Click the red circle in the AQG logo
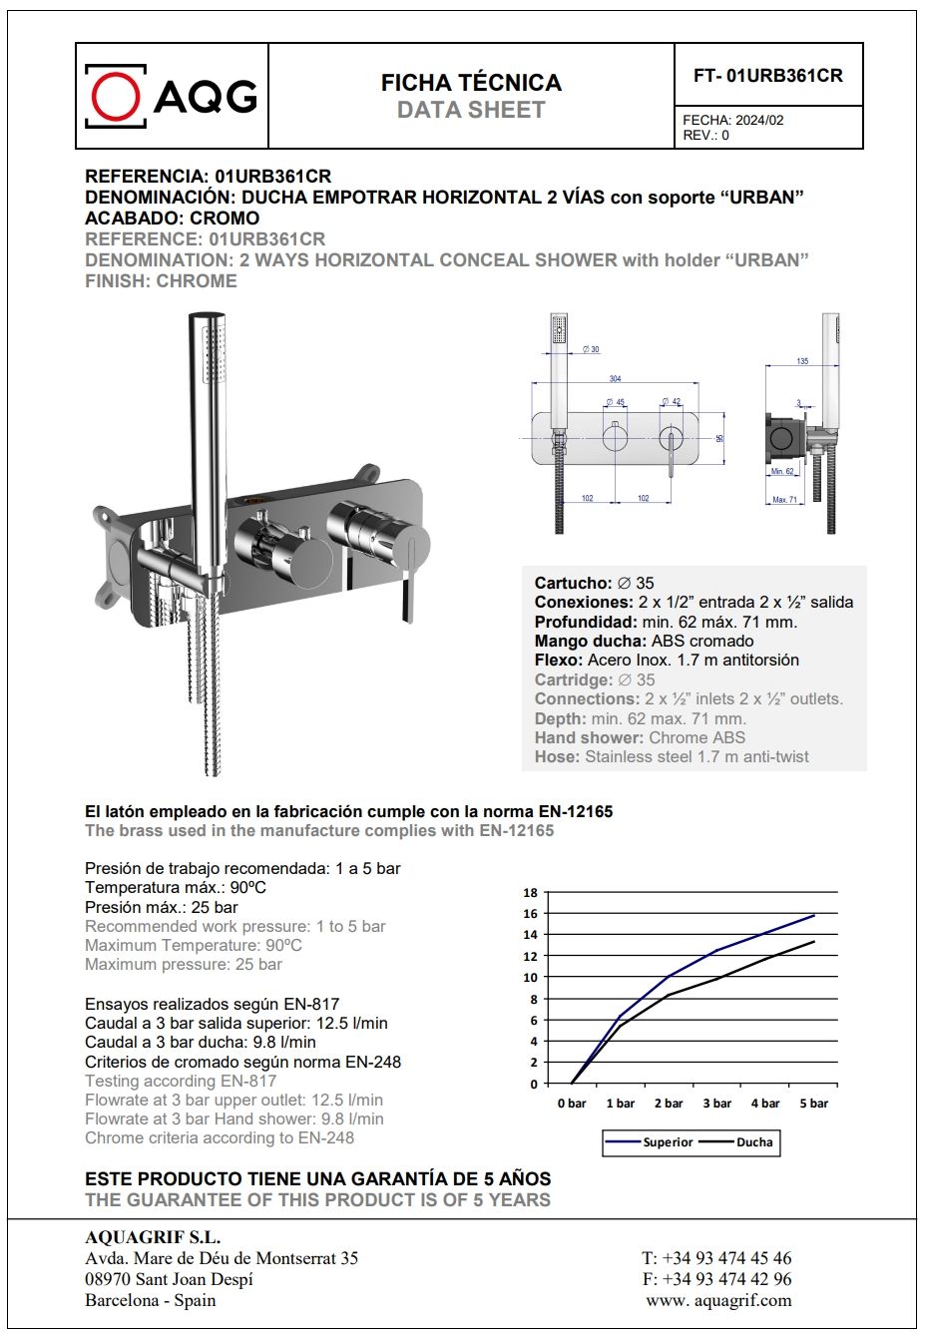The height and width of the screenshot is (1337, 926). click(x=116, y=96)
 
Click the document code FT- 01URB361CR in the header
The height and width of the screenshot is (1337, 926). click(x=768, y=76)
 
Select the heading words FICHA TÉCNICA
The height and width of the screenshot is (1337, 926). click(x=471, y=83)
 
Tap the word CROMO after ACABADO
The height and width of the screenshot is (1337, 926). click(x=225, y=219)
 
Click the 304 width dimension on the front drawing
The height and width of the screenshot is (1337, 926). click(x=615, y=379)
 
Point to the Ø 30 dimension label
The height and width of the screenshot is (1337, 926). click(x=591, y=349)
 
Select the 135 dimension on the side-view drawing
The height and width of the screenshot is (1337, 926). click(x=802, y=361)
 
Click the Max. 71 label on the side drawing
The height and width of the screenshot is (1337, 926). click(x=785, y=499)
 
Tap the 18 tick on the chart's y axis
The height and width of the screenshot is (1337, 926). click(x=530, y=893)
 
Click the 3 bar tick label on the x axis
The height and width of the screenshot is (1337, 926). click(x=716, y=1104)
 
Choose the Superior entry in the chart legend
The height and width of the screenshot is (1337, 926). click(x=668, y=1142)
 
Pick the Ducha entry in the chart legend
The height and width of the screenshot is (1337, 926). click(x=754, y=1142)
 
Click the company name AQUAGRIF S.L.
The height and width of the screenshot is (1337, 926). click(x=153, y=1238)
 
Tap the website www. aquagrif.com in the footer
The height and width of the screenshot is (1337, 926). click(x=718, y=1300)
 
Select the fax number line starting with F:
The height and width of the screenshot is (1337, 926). click(x=716, y=1279)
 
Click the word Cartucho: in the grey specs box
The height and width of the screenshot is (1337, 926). click(x=573, y=584)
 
